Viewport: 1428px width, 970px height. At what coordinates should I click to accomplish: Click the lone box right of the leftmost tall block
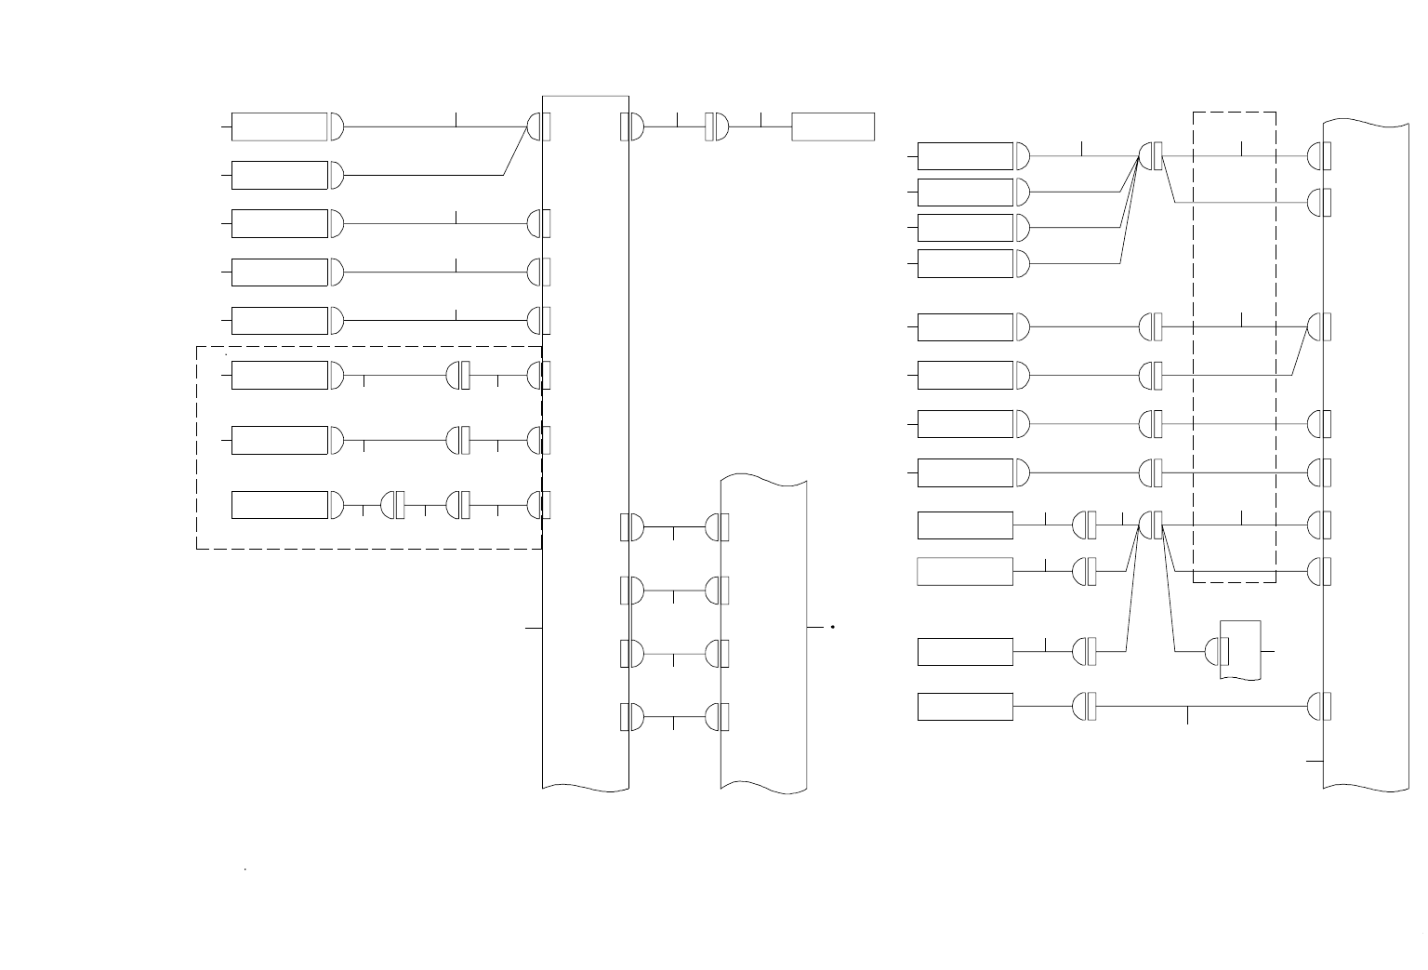(833, 126)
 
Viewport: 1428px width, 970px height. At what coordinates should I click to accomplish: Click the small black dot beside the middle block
(833, 628)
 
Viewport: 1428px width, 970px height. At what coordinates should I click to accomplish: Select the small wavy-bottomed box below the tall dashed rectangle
(1240, 649)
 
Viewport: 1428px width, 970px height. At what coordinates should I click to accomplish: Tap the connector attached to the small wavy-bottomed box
(1217, 651)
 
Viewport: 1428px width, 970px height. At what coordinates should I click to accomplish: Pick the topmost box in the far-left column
(279, 126)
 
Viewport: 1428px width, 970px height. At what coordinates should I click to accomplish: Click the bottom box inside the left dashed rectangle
(279, 505)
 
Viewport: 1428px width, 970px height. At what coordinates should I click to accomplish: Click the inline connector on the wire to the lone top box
(716, 126)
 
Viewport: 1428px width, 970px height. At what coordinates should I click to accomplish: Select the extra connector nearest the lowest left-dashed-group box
(393, 505)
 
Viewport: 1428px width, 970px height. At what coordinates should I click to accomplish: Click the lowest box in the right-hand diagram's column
(965, 707)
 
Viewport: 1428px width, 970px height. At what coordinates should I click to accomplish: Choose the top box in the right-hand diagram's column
(965, 156)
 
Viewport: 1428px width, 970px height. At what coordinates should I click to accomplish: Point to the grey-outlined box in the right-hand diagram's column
(965, 571)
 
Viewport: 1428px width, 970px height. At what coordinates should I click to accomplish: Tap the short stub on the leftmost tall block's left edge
(534, 628)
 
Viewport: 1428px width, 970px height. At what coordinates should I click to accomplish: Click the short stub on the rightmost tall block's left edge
(1315, 761)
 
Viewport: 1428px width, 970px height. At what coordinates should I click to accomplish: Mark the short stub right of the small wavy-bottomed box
(1267, 651)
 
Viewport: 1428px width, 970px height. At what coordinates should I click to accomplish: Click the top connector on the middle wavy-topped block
(717, 527)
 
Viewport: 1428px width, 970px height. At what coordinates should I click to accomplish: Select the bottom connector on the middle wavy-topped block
(717, 717)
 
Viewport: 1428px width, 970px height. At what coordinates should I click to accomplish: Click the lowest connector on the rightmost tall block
(1319, 707)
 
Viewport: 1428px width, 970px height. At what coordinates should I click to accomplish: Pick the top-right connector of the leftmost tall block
(632, 126)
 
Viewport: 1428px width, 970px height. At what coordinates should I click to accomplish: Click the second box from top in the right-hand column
(965, 193)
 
